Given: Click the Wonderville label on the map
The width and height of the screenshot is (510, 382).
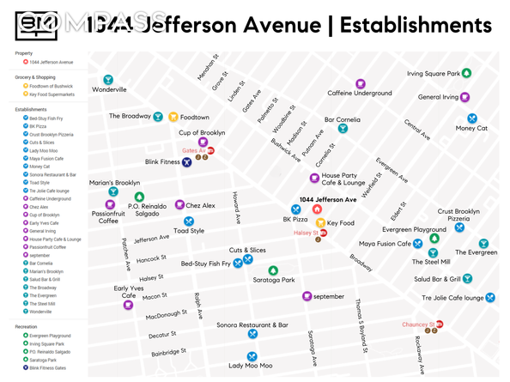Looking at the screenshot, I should point(109,89).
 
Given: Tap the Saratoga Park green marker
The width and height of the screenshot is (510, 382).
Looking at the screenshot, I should point(273,270).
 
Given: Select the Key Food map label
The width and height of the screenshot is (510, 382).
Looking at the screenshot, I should point(340,223).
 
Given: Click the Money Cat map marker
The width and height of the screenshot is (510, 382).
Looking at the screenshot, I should point(471,117).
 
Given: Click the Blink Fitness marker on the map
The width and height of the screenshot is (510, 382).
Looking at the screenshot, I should point(186,161).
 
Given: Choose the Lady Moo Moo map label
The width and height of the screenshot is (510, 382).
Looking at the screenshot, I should point(250,366).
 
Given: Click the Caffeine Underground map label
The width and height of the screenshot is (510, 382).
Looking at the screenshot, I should point(360,93).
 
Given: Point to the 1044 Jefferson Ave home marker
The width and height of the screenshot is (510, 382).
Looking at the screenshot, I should point(317,209).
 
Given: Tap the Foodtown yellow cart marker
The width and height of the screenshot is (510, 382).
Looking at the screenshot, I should point(173,117).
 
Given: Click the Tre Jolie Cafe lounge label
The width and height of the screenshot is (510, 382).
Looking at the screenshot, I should point(452,298).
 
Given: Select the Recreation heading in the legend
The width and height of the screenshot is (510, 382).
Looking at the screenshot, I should point(32,327).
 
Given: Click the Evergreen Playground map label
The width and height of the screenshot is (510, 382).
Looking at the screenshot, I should point(415,230).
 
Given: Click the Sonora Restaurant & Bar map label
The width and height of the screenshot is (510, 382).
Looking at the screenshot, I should point(252,325).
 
